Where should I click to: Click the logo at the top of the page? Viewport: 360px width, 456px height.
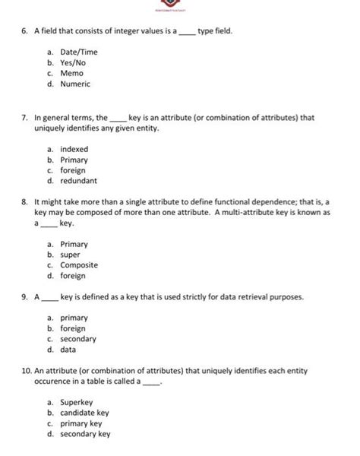tap(179, 7)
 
